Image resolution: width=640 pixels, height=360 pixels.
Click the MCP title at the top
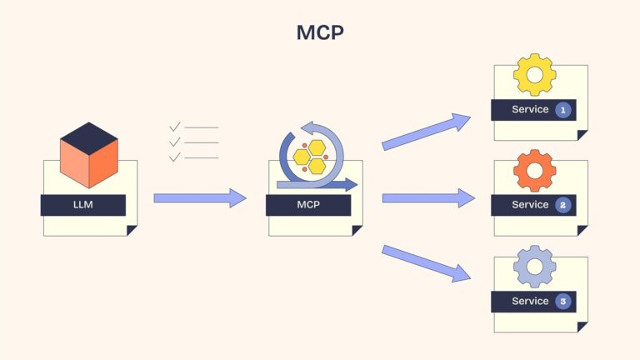coord(320,33)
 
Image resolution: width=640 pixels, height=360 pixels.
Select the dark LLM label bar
coord(83,205)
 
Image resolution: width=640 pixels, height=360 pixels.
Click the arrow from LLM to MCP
coord(200,198)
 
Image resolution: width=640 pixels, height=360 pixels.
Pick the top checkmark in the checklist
coord(175,127)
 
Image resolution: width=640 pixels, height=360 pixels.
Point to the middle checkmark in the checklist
coord(175,142)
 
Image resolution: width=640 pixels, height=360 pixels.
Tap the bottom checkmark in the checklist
coord(175,157)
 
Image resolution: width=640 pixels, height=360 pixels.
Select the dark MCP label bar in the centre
coord(308,205)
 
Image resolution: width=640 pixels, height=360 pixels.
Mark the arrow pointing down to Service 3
coord(425,263)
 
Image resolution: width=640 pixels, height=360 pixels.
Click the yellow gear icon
coord(535,75)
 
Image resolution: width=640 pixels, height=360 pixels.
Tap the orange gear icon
coord(535,172)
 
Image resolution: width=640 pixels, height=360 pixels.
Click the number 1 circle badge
coord(563,110)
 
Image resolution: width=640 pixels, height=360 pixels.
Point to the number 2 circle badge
coord(563,205)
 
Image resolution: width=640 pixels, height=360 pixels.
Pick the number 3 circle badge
coord(563,302)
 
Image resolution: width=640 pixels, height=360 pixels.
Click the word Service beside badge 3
coord(530,301)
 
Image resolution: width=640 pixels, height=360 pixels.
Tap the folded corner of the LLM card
coord(132,231)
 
